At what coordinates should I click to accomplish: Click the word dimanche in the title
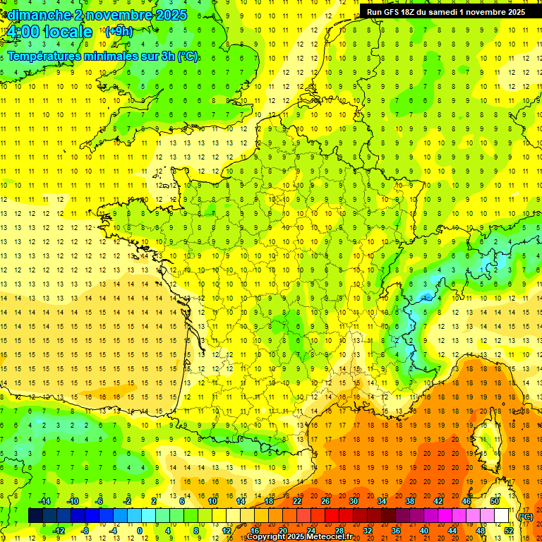[40, 15]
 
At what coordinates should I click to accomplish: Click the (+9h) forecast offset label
[118, 31]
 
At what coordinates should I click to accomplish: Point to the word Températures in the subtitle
[42, 56]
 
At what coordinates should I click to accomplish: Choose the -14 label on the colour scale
[44, 501]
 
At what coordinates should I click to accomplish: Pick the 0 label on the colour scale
[140, 531]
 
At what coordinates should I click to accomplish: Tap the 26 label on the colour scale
[325, 501]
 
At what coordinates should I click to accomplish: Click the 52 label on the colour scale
[508, 531]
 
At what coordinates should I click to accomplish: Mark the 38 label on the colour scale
[410, 501]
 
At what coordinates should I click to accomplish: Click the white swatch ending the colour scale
[501, 516]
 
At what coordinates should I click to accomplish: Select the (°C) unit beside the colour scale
[525, 517]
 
